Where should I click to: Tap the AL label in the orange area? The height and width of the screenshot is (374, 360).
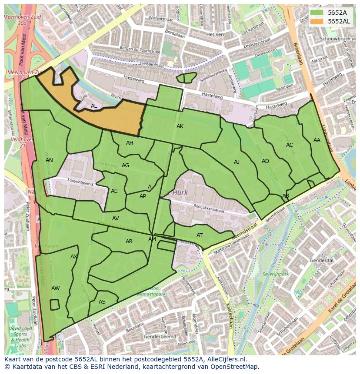(x=94, y=106)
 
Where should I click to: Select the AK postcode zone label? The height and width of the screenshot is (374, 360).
(x=180, y=126)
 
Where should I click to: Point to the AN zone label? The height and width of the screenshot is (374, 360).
(x=49, y=160)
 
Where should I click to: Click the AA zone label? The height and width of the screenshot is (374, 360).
(x=317, y=140)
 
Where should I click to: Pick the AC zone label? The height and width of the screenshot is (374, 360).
(x=290, y=145)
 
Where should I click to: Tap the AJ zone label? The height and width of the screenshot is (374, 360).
(x=237, y=162)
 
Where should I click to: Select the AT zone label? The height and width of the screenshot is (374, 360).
(x=200, y=235)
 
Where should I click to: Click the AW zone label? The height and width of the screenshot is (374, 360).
(x=55, y=288)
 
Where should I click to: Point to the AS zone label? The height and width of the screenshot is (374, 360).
(x=102, y=302)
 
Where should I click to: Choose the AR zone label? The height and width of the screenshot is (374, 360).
(x=129, y=242)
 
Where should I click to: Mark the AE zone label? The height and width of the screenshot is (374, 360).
(x=114, y=191)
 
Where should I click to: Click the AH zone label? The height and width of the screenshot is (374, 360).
(x=130, y=143)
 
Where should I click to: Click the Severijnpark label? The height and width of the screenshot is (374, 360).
(x=276, y=275)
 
